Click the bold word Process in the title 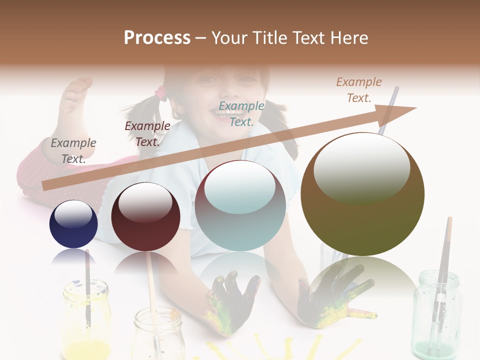click(157, 38)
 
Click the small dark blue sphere click(73, 224)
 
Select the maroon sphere click(145, 216)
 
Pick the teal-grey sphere click(240, 205)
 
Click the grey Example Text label click(73, 150)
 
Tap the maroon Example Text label click(147, 133)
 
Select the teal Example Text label click(241, 113)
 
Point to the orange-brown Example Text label click(359, 89)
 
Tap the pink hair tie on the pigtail click(161, 93)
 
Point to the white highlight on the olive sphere click(361, 167)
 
